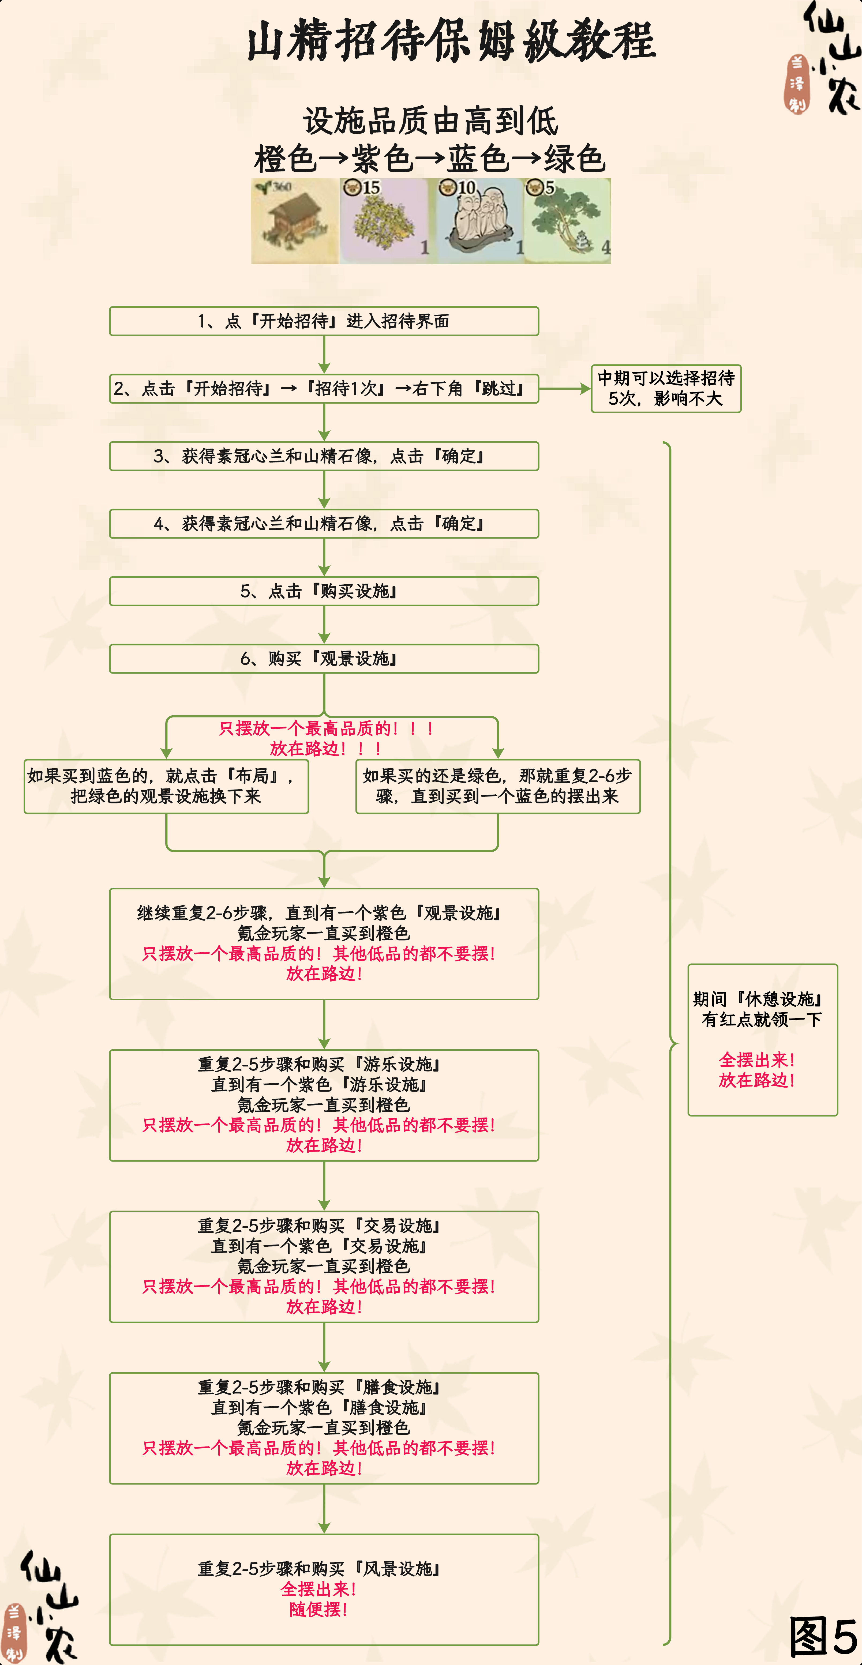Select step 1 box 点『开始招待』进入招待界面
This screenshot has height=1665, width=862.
coord(324,321)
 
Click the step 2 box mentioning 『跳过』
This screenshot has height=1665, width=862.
coord(324,388)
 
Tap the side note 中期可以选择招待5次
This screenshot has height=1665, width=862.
coord(666,388)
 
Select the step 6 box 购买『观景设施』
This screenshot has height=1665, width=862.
coord(324,659)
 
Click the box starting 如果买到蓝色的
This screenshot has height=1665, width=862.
coord(166,786)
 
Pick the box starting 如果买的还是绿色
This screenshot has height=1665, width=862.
coord(498,786)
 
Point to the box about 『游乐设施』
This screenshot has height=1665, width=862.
coord(324,1105)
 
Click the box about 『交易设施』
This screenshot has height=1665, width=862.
coord(324,1267)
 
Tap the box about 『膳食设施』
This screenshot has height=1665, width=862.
coord(324,1429)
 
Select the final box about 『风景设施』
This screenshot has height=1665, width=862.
coord(324,1589)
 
